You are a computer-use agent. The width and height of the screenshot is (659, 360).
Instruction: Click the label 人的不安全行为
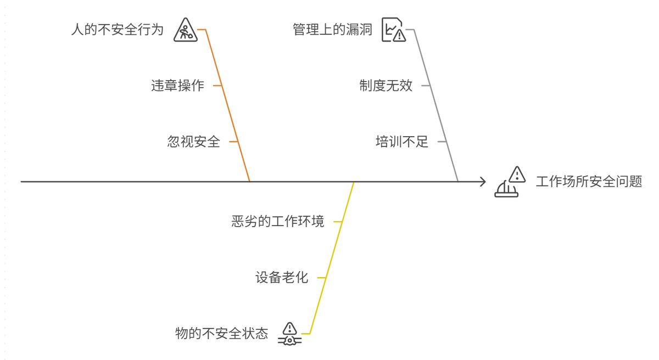pos(118,29)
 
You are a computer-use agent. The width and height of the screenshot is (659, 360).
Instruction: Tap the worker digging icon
pos(185,30)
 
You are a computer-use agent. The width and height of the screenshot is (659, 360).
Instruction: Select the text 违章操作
pos(177,86)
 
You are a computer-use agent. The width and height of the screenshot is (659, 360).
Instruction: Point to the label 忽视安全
pos(193,142)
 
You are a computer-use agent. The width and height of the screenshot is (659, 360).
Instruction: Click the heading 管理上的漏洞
pos(332,29)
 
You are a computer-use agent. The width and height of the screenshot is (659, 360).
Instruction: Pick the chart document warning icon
pos(393,30)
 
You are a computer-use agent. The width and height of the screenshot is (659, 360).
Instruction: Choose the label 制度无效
pos(386,86)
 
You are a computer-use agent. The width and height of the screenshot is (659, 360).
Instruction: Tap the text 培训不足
pos(401,142)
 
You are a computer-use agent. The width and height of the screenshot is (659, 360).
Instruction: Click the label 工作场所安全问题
pos(589,182)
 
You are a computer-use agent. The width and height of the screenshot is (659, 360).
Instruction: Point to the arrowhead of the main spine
pos(483,181)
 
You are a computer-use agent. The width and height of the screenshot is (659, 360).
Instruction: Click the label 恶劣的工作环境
pos(277,222)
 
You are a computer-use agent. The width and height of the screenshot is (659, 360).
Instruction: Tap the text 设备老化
pos(282,278)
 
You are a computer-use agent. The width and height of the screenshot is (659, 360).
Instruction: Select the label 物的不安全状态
pos(221,333)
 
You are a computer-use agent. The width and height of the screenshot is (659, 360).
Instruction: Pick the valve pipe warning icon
pos(289,334)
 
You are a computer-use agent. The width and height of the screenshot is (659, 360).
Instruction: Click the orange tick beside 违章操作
pos(217,86)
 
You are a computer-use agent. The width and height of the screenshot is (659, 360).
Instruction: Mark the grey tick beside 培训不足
pos(442,142)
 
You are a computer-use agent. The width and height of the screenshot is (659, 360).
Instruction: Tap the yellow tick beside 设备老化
pos(321,278)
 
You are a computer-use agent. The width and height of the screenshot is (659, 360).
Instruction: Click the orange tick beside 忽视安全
pos(233,142)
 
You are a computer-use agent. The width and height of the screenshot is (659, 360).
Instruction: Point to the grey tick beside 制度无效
pos(425,86)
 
